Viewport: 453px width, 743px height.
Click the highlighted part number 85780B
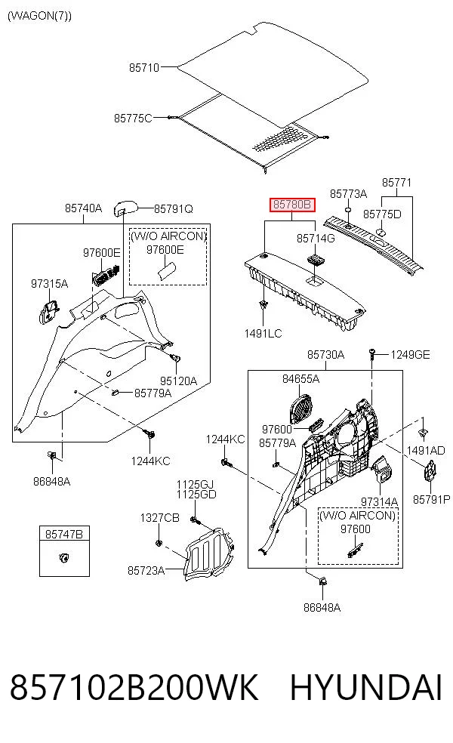pos(292,205)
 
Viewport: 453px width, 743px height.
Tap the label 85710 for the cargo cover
pos(144,68)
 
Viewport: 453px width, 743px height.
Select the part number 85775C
pos(133,118)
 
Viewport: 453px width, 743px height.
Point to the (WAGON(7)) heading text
pos(40,16)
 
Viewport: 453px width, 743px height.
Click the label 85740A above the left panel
pos(83,208)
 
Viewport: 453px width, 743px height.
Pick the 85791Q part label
pos(174,209)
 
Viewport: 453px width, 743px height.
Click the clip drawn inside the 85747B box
pos(64,557)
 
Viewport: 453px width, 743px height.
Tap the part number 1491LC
pos(263,334)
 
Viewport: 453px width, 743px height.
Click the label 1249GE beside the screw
pos(411,355)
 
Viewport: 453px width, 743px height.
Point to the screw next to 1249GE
pos(372,354)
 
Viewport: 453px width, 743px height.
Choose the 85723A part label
pos(146,571)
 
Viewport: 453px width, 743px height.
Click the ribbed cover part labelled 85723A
pos(208,554)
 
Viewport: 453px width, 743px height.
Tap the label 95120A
pos(178,381)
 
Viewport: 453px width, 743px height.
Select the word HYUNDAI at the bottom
pos(366,687)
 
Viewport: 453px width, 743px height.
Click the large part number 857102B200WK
pos(134,687)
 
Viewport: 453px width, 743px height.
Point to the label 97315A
pos(49,284)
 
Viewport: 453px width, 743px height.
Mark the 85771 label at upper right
pos(396,183)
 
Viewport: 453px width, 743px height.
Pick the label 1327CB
pos(160,518)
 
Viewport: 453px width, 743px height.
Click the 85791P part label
pos(432,499)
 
